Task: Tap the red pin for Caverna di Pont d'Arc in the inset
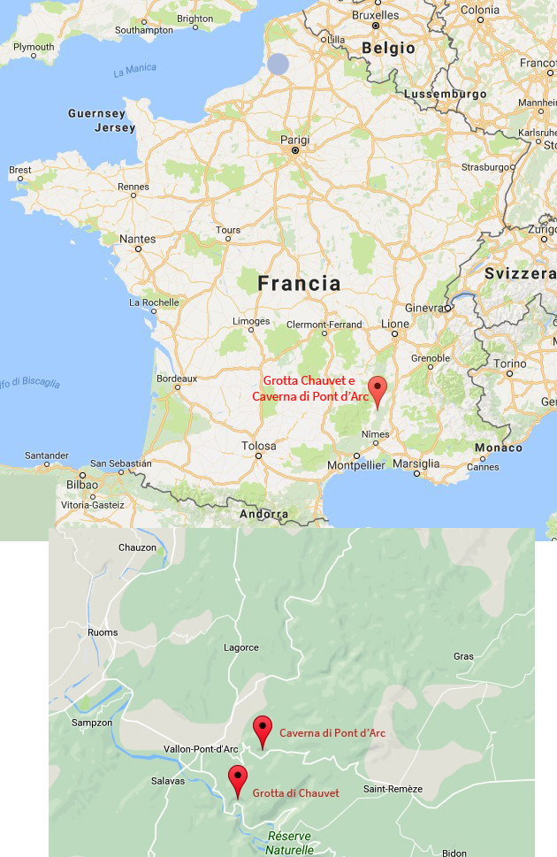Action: pyautogui.click(x=262, y=729)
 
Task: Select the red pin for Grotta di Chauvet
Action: pyautogui.click(x=237, y=779)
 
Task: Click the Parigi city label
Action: pyautogui.click(x=294, y=139)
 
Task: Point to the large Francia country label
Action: pyautogui.click(x=299, y=283)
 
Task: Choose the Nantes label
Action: pyautogui.click(x=138, y=239)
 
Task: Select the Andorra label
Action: pyautogui.click(x=263, y=514)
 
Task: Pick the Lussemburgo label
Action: pyautogui.click(x=446, y=94)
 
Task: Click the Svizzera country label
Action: pyautogui.click(x=520, y=274)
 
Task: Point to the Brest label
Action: pyautogui.click(x=19, y=170)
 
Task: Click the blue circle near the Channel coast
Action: pyautogui.click(x=278, y=65)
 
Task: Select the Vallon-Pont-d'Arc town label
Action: pyautogui.click(x=202, y=749)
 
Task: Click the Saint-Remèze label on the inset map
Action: pyautogui.click(x=393, y=789)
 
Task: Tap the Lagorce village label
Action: pyautogui.click(x=241, y=647)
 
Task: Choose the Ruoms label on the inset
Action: pyautogui.click(x=103, y=632)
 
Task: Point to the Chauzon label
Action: pyautogui.click(x=137, y=547)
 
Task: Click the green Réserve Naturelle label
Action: pyautogui.click(x=290, y=843)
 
